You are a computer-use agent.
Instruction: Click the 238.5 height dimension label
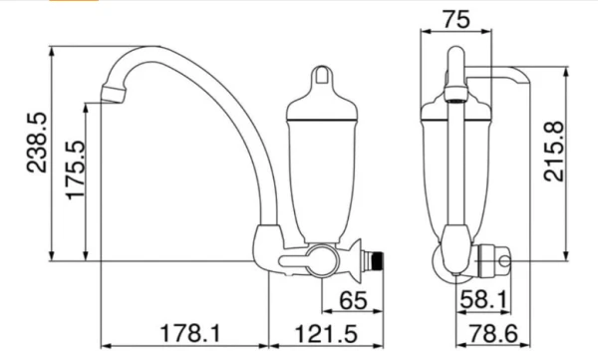click(x=37, y=143)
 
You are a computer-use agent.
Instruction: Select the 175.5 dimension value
click(x=75, y=170)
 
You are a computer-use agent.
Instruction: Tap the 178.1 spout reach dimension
click(x=190, y=333)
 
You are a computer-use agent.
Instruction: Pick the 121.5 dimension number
click(x=327, y=334)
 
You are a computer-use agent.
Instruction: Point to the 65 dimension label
click(x=353, y=300)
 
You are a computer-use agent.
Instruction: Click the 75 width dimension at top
click(x=456, y=19)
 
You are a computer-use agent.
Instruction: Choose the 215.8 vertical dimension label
click(x=554, y=152)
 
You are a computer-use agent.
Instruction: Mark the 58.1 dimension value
click(x=484, y=299)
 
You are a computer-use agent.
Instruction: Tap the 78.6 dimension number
click(x=492, y=333)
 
